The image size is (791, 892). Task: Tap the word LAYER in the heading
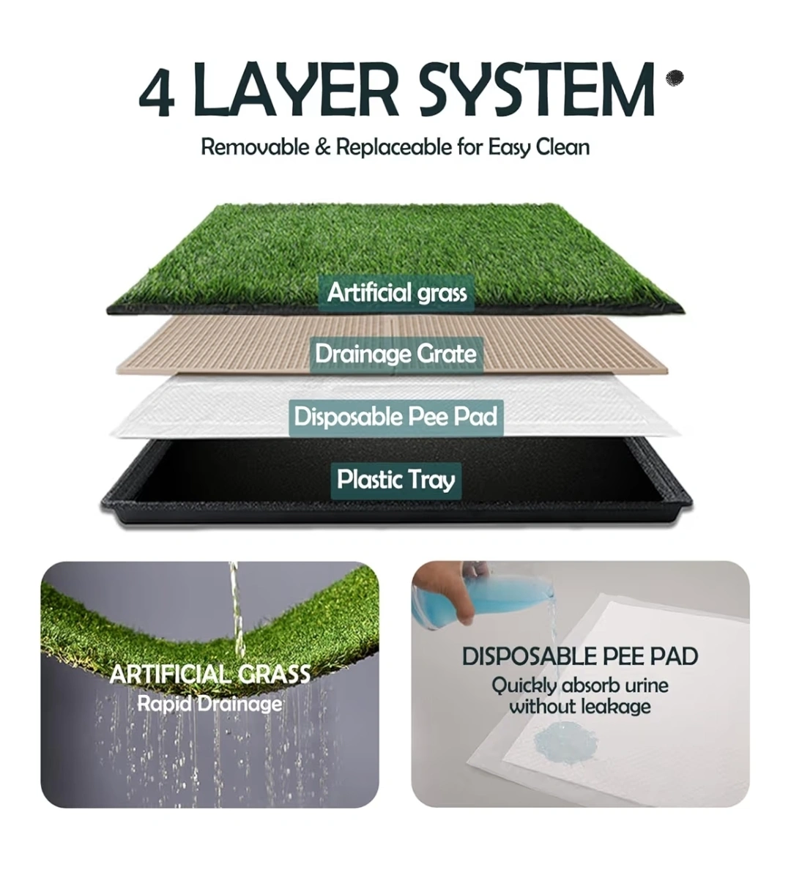pyautogui.click(x=295, y=89)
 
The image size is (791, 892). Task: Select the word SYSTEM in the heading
pyautogui.click(x=536, y=89)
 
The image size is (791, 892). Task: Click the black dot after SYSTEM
pyautogui.click(x=675, y=78)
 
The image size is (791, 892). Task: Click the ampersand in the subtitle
pyautogui.click(x=323, y=147)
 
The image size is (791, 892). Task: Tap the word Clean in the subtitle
pyautogui.click(x=562, y=147)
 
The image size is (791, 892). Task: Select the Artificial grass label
pyautogui.click(x=397, y=293)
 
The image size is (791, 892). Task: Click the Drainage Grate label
pyautogui.click(x=396, y=354)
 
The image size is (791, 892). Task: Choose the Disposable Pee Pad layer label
pyautogui.click(x=396, y=417)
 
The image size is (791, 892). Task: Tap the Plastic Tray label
pyautogui.click(x=396, y=480)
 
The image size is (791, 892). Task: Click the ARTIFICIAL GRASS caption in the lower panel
pyautogui.click(x=210, y=674)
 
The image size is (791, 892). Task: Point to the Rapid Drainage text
pyautogui.click(x=209, y=704)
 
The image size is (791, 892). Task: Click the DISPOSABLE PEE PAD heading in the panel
pyautogui.click(x=580, y=656)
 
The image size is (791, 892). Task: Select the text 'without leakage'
pyautogui.click(x=580, y=707)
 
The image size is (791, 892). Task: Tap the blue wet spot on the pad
pyautogui.click(x=565, y=743)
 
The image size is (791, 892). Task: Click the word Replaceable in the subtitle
pyautogui.click(x=395, y=147)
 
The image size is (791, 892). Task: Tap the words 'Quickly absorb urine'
pyautogui.click(x=580, y=685)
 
